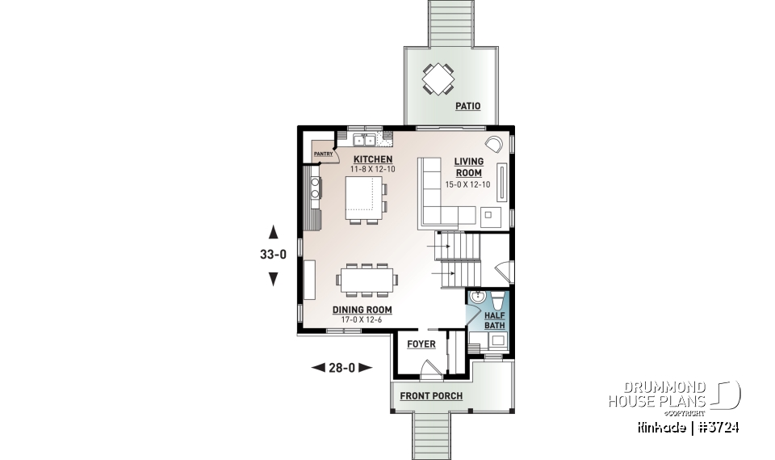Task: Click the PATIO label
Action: click(467, 106)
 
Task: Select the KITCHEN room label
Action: click(372, 159)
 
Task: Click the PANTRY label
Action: click(324, 153)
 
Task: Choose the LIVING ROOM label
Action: click(467, 167)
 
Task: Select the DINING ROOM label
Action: click(362, 310)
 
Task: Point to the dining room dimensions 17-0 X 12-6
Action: click(362, 319)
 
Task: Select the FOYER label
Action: click(421, 344)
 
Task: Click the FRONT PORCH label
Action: click(432, 396)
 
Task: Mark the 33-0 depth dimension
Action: click(273, 255)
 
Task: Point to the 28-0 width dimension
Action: click(342, 368)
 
